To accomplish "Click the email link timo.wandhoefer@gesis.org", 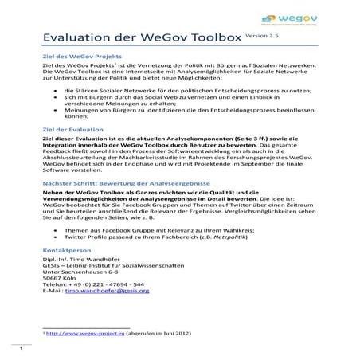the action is pos(106,292).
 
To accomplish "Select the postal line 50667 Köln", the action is pos(60,276).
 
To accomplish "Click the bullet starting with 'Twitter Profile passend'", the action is pos(143,238).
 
